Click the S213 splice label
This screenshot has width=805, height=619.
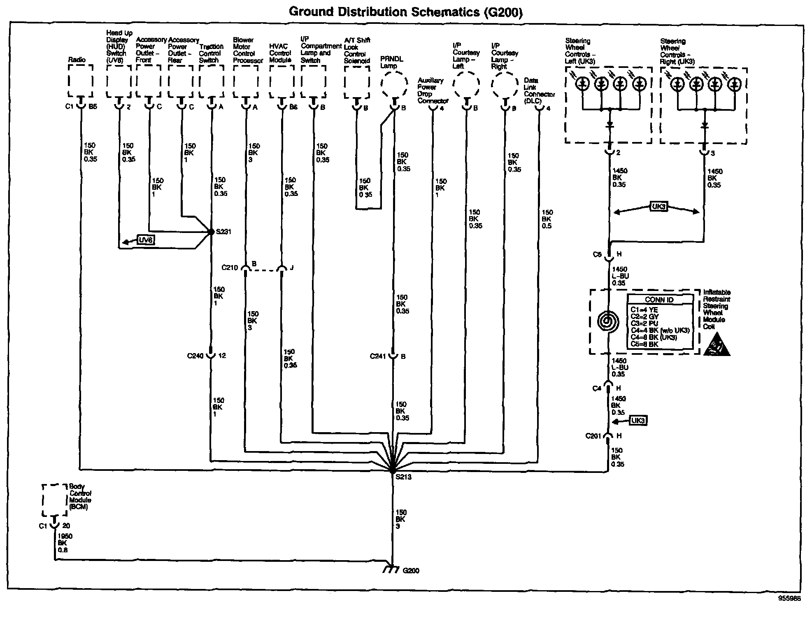403,477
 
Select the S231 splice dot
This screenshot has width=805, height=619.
211,232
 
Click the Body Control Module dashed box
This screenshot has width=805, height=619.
54,500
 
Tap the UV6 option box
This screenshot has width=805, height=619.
146,240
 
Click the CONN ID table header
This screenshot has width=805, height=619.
659,300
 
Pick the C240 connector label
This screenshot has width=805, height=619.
195,356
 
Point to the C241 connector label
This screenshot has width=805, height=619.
378,356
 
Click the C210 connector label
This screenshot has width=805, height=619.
230,268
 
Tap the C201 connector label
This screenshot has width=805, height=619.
593,436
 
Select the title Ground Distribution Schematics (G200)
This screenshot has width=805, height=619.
406,12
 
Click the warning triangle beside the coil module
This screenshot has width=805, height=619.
717,345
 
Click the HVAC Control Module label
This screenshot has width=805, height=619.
280,53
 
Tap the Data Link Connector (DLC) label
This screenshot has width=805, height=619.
539,91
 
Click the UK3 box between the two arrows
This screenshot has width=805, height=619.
659,206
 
